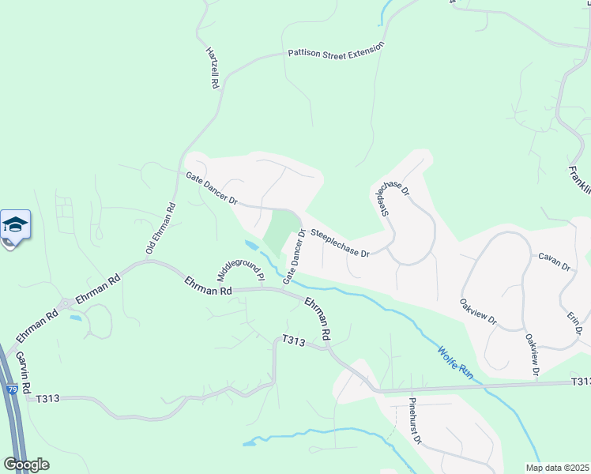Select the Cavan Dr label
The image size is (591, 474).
click(x=554, y=261)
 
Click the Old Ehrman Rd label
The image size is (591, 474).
click(x=160, y=228)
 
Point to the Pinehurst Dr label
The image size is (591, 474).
click(x=416, y=419)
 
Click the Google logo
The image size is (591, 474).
click(x=26, y=464)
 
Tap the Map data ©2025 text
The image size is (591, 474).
click(x=557, y=468)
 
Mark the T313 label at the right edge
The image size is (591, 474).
click(x=581, y=382)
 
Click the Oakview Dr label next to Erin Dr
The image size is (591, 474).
click(x=532, y=353)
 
